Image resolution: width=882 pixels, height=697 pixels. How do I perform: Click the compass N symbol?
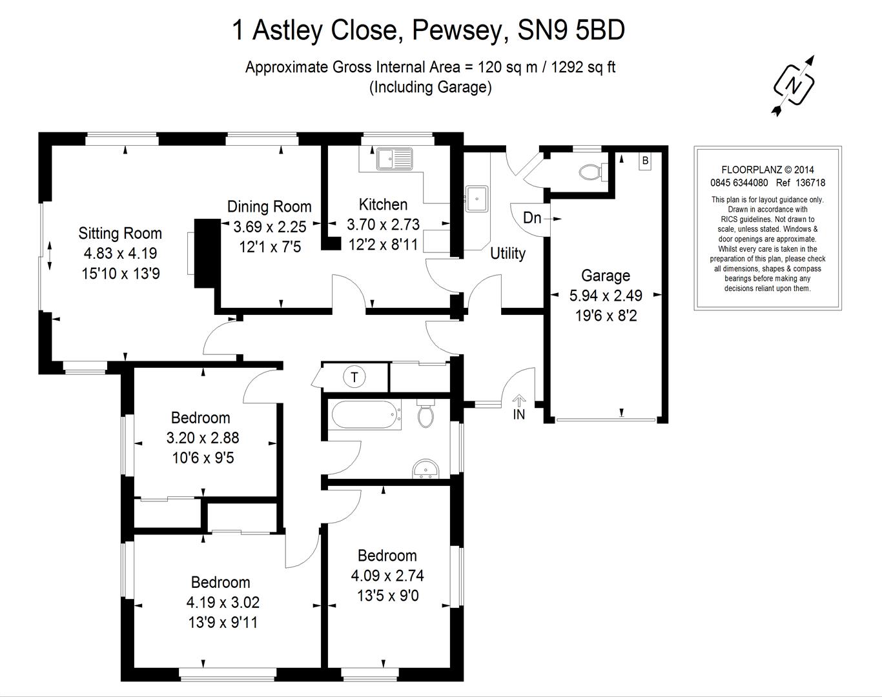[x=794, y=85]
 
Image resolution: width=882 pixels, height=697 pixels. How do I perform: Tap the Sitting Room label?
[x=120, y=233]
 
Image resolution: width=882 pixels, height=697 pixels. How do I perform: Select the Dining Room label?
[x=269, y=207]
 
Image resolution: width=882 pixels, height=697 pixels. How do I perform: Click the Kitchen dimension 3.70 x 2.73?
[x=383, y=225]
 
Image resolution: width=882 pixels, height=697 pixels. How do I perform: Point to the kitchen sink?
[x=395, y=157]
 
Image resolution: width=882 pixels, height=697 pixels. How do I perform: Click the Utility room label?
[x=508, y=253]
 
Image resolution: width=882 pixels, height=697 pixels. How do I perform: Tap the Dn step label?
[x=532, y=217]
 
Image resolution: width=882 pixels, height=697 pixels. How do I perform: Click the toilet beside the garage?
[x=590, y=172]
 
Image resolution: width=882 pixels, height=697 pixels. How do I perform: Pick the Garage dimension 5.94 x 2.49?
[x=605, y=296]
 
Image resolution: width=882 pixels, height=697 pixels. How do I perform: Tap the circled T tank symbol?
[x=354, y=376]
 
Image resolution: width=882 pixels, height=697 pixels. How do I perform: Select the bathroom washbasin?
[x=425, y=469]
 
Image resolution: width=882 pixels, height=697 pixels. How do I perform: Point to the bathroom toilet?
[x=426, y=414]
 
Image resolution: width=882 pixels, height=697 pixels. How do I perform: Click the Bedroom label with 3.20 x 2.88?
[x=200, y=418]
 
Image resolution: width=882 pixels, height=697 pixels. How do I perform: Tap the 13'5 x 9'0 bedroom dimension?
[x=387, y=595]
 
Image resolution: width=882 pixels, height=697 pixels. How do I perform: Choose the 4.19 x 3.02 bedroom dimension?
[x=223, y=603]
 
